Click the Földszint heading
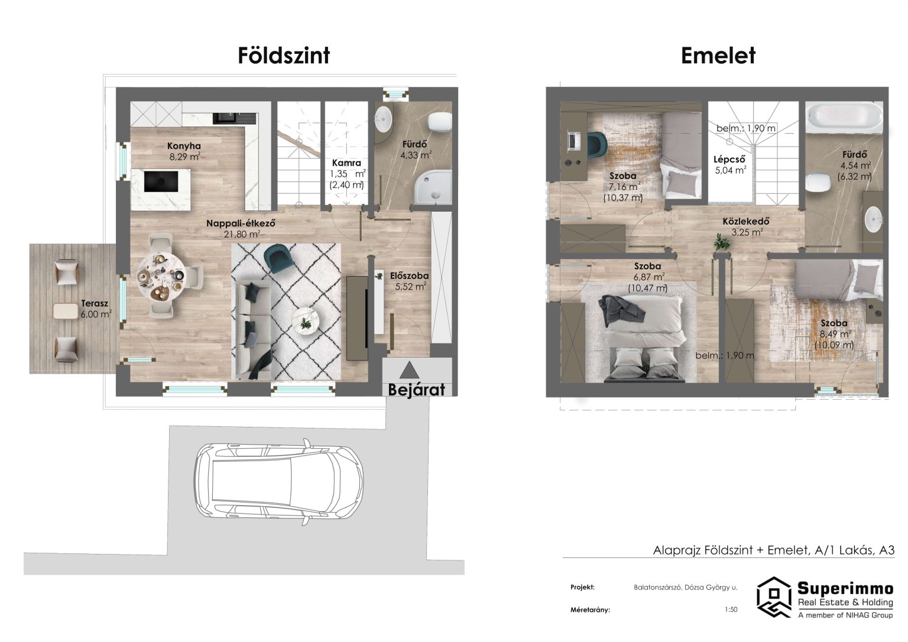(284, 56)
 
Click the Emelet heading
(718, 56)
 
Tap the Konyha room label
(184, 146)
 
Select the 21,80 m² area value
(242, 234)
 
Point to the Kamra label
(346, 163)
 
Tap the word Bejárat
(416, 390)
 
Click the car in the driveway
(278, 482)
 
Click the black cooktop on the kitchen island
(161, 181)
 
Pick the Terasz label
(95, 303)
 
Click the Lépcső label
(729, 159)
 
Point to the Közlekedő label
(746, 222)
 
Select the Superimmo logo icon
(774, 597)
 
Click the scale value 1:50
(731, 609)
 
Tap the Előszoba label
(410, 275)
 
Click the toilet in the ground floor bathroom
(440, 121)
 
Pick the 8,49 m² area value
(835, 334)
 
